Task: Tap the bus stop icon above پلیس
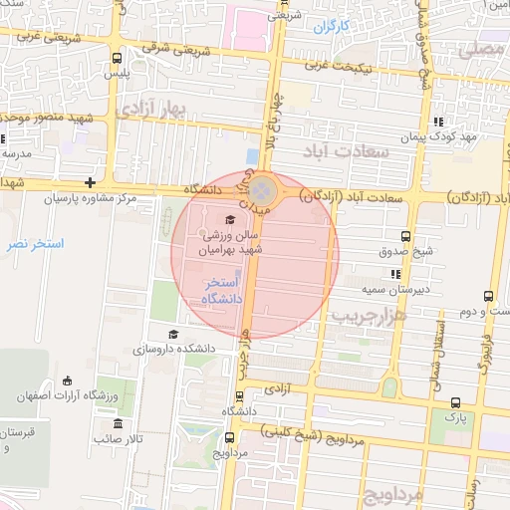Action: tap(118, 58)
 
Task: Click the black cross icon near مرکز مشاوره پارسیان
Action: tap(91, 182)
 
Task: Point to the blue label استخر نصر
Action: tap(34, 244)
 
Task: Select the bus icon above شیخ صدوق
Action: tap(405, 236)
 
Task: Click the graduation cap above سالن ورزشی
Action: tap(231, 220)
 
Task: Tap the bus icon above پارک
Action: tap(455, 401)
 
